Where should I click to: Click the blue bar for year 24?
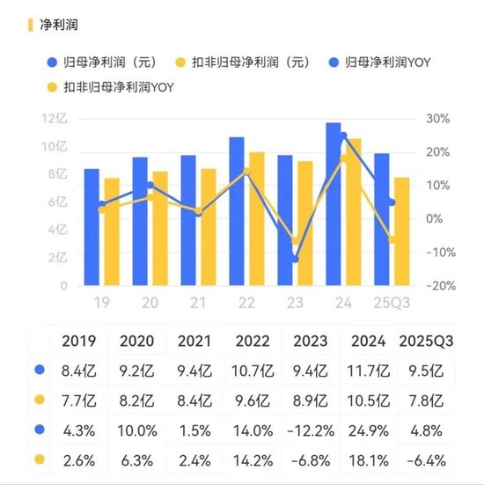[334, 204]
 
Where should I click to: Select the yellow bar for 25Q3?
[400, 231]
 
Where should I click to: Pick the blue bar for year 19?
[92, 227]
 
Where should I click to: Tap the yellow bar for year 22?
[256, 219]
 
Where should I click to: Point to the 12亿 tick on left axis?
[55, 119]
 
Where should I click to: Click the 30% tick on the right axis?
[438, 119]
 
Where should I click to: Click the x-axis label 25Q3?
[392, 302]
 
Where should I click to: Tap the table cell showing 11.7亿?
[368, 371]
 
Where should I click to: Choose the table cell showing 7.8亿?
[427, 400]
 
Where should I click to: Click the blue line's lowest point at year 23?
[295, 260]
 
